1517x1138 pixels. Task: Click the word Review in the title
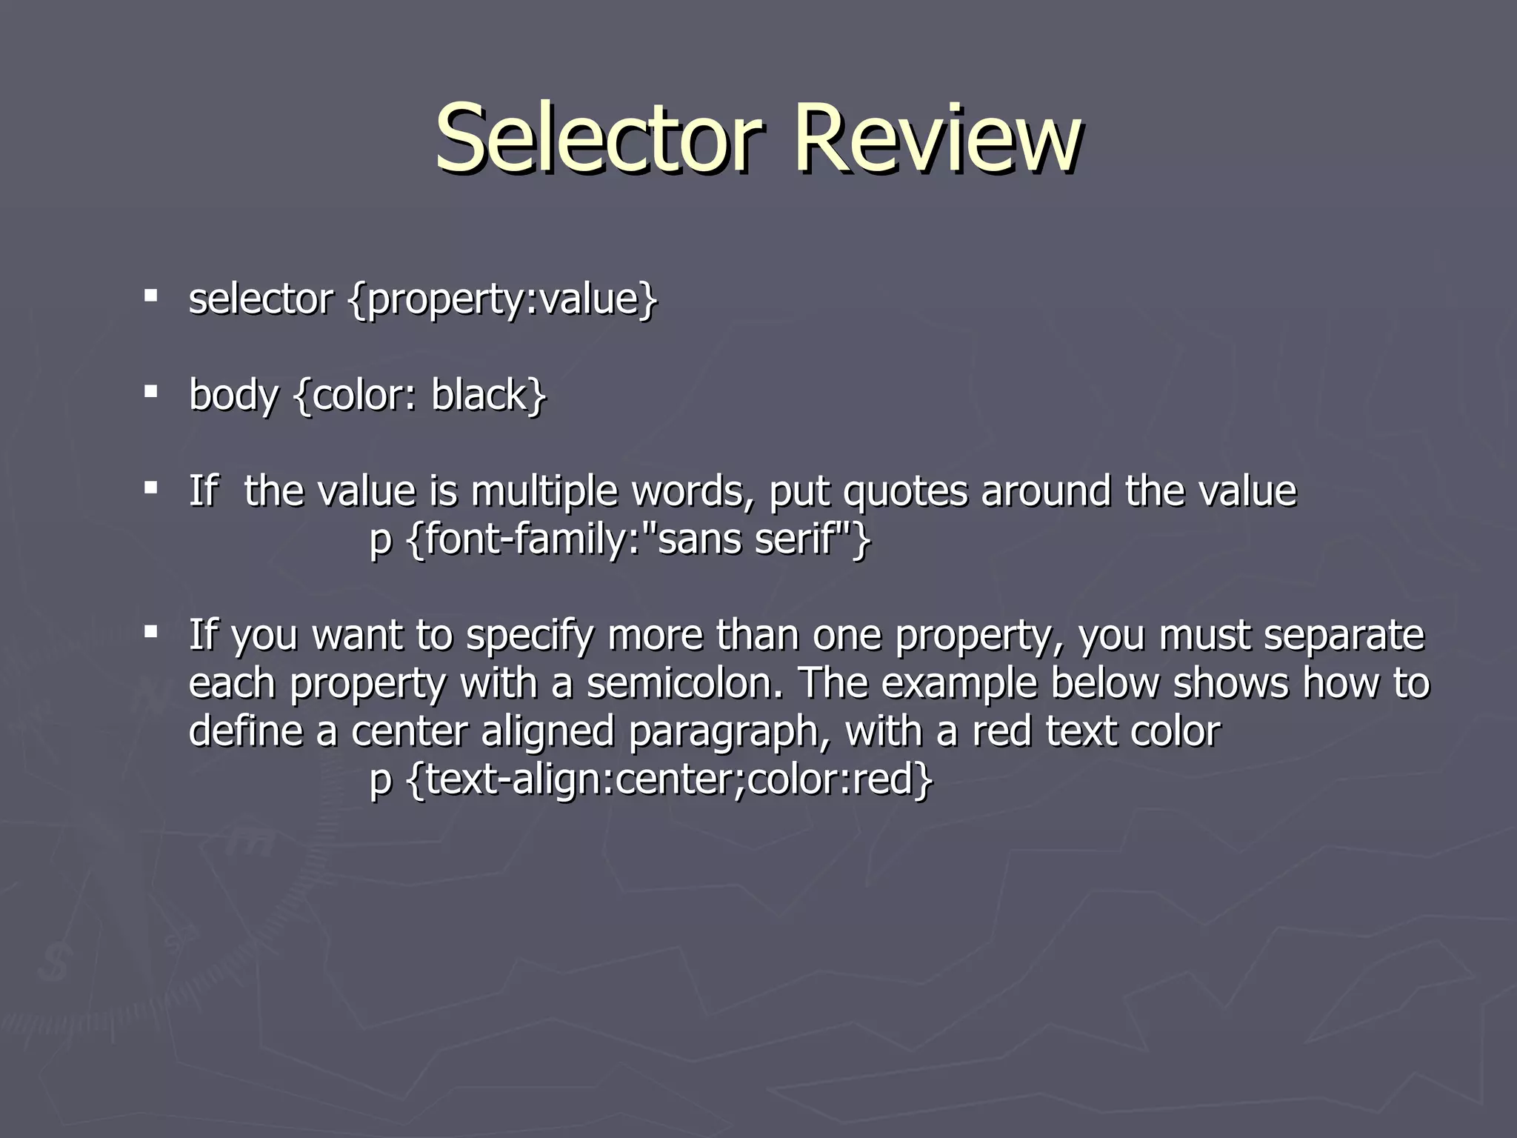(937, 139)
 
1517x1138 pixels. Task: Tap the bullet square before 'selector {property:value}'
(151, 297)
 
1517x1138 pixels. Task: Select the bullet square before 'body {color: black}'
(151, 392)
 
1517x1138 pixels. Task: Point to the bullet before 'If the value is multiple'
(151, 488)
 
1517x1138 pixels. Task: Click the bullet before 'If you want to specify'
(151, 633)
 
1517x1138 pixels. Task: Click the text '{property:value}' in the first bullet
(502, 300)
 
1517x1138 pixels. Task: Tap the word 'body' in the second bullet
(233, 395)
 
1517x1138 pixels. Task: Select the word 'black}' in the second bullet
(489, 395)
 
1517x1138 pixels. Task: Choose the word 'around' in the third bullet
(1046, 491)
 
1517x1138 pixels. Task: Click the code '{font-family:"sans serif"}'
(639, 539)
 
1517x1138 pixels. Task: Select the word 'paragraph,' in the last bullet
(730, 732)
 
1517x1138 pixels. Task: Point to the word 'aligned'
(547, 732)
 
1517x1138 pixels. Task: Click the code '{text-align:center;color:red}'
(670, 780)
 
